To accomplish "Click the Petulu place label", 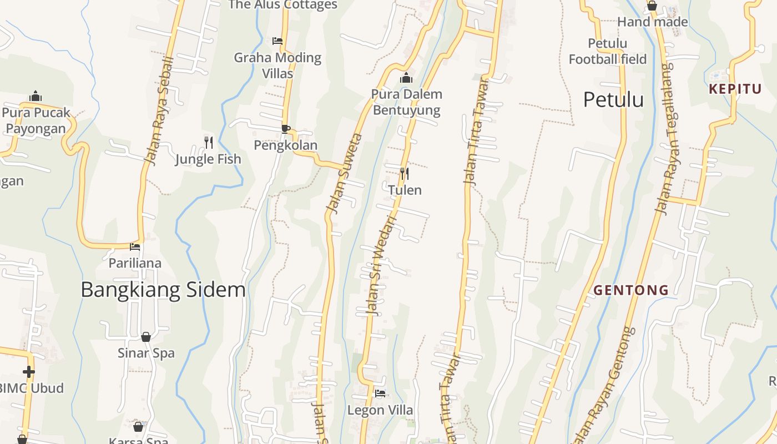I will pos(613,100).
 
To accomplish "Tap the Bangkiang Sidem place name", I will pos(163,290).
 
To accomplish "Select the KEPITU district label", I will pos(735,89).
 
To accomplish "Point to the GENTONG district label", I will pos(631,290).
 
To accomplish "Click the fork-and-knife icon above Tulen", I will pos(405,174).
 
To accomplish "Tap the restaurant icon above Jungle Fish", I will pos(209,143).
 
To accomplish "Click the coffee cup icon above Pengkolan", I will pos(285,129).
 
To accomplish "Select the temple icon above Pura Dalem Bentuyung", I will pos(406,78).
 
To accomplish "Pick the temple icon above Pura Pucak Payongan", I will pos(36,96).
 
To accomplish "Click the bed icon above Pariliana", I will pos(135,247).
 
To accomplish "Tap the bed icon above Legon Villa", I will pos(380,393).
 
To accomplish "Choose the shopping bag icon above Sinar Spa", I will pos(146,337).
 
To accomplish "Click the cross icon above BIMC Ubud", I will pos(29,371).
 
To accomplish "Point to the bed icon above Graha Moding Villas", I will pos(277,41).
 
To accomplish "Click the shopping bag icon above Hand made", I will pos(652,6).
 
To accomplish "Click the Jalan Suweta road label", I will pos(344,173).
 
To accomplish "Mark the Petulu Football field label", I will pos(608,51).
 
